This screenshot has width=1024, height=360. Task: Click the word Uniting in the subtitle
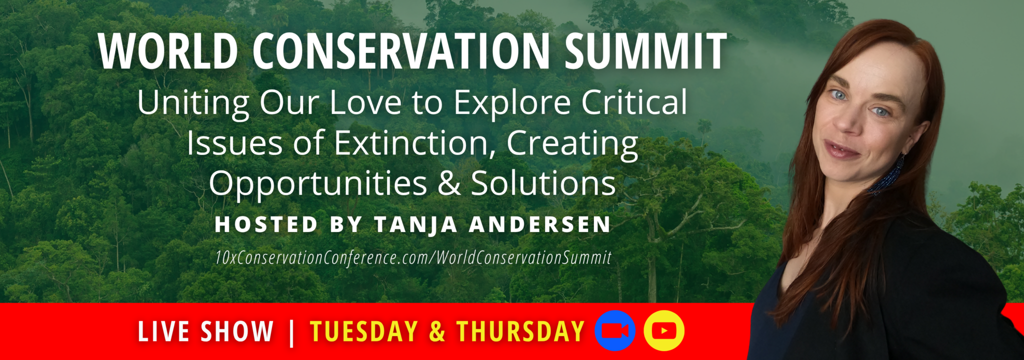click(x=193, y=103)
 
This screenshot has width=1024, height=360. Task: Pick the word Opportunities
click(x=318, y=184)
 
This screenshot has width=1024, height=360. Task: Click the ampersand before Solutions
click(x=449, y=183)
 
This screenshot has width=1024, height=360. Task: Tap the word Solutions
click(x=543, y=183)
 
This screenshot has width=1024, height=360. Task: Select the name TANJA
click(x=415, y=224)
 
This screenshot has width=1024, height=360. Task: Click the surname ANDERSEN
click(x=540, y=224)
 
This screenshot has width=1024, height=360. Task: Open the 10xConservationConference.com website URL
click(x=413, y=257)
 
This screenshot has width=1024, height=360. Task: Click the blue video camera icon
click(x=615, y=330)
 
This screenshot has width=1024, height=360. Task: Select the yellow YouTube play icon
click(x=664, y=330)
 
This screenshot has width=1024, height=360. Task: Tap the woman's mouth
click(x=841, y=150)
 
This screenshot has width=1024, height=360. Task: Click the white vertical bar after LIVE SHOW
click(x=291, y=332)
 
